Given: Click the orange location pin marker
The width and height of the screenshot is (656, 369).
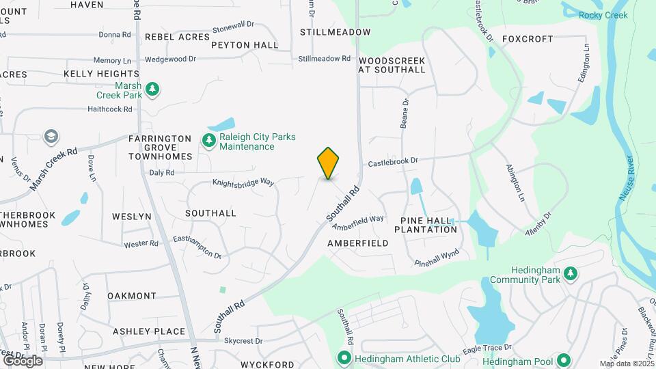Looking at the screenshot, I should pyautogui.click(x=328, y=163).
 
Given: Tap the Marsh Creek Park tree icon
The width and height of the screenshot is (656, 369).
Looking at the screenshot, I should pyautogui.click(x=154, y=90).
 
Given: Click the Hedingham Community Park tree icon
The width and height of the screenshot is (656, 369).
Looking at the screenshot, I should pyautogui.click(x=571, y=274).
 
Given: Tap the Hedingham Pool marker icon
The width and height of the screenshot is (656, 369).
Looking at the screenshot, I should pyautogui.click(x=563, y=360).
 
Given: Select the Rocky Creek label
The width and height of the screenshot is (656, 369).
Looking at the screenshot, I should pyautogui.click(x=603, y=15).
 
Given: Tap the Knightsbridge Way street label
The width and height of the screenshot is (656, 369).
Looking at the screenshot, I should pyautogui.click(x=243, y=183).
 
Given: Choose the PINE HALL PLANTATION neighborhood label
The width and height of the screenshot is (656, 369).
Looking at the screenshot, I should pyautogui.click(x=428, y=225).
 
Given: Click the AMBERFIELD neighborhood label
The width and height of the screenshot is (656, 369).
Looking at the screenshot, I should pyautogui.click(x=358, y=243).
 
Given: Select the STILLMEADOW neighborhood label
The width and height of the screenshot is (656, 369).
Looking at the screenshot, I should pyautogui.click(x=335, y=32).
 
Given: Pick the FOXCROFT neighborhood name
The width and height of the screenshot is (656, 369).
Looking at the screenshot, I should pyautogui.click(x=527, y=39).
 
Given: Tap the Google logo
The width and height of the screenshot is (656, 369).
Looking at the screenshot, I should pyautogui.click(x=23, y=360).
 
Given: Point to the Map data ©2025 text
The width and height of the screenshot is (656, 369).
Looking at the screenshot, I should pyautogui.click(x=627, y=364).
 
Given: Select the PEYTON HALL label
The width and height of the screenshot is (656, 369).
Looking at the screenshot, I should pyautogui.click(x=245, y=45).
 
